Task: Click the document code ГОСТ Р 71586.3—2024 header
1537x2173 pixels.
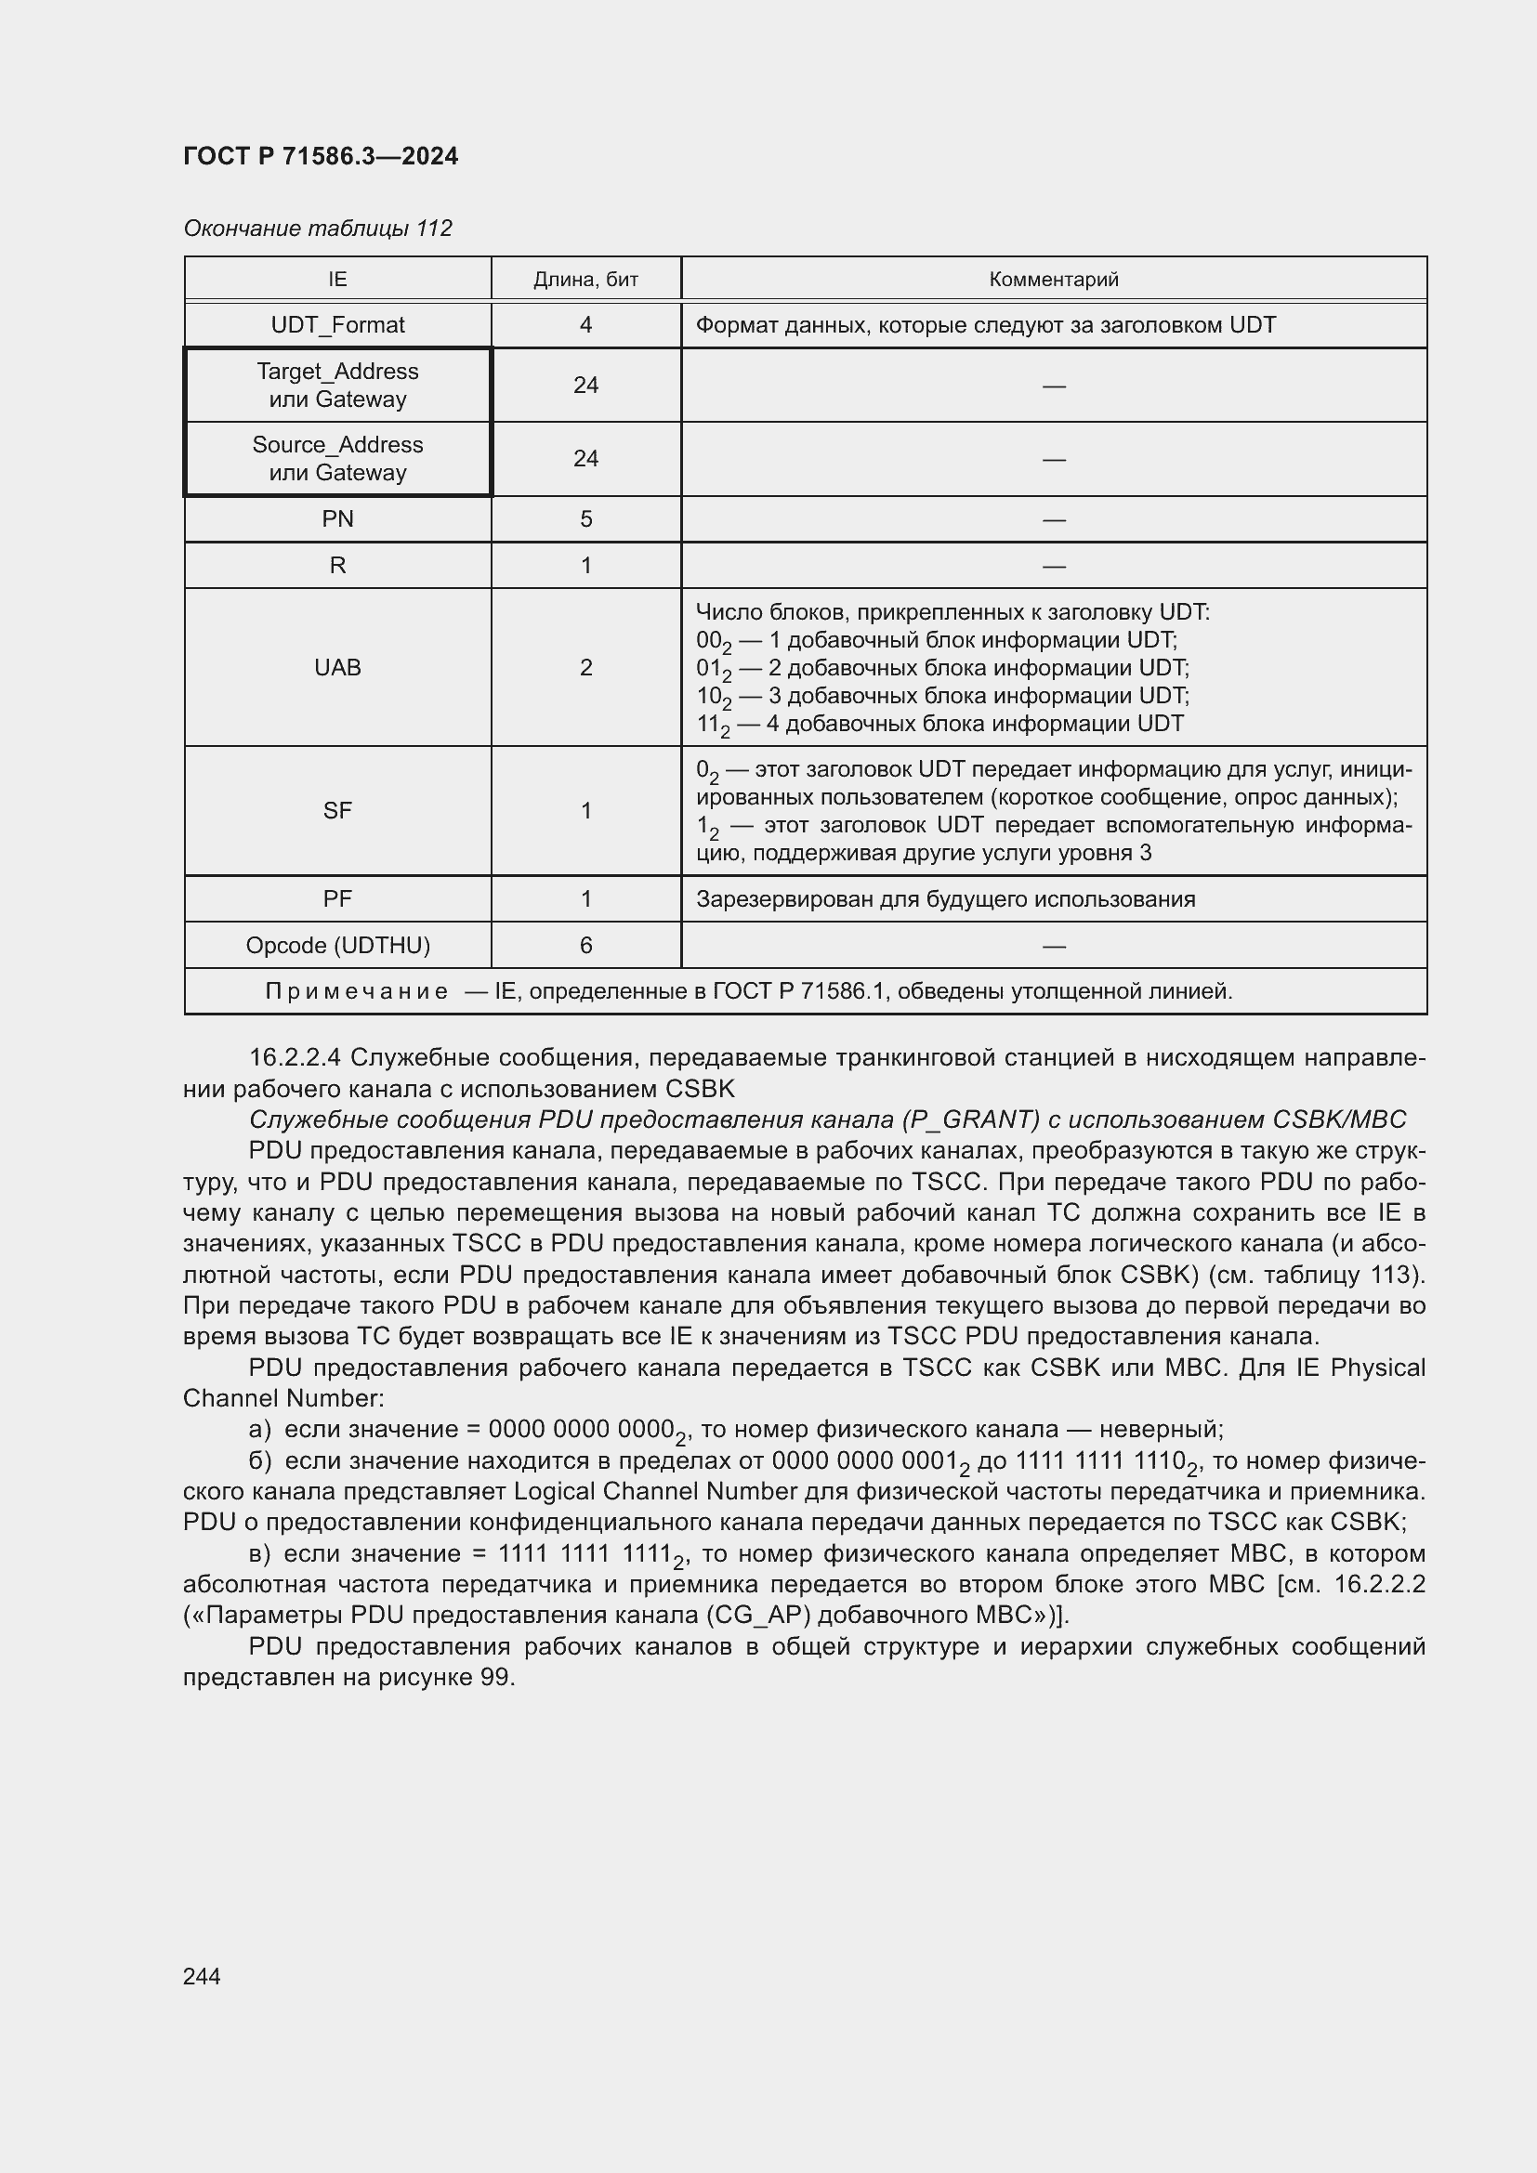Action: click(320, 156)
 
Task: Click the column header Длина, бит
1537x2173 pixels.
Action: click(585, 280)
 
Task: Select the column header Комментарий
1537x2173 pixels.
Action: click(1053, 280)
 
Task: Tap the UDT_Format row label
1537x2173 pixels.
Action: click(337, 324)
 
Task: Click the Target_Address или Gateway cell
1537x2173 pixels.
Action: click(337, 386)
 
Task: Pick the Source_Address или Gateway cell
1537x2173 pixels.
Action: click(337, 459)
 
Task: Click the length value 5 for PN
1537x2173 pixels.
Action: click(585, 518)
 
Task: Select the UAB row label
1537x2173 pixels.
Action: click(337, 667)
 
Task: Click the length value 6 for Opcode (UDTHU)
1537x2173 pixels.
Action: click(585, 946)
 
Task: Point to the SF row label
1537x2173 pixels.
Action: click(337, 810)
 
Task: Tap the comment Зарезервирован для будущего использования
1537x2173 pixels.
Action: click(944, 899)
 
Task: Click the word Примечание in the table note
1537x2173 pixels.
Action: click(356, 991)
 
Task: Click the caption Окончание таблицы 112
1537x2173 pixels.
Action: click(317, 229)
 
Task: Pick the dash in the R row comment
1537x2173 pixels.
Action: click(1053, 566)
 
